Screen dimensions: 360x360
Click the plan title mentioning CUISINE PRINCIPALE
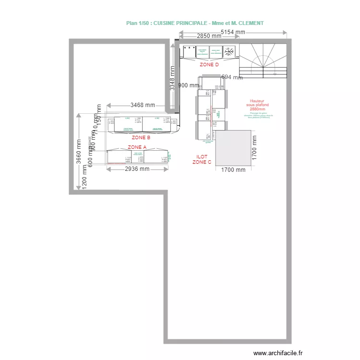pyautogui.click(x=194, y=23)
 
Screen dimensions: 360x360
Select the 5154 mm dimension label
pyautogui.click(x=233, y=32)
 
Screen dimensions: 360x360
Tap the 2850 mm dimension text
pyautogui.click(x=200, y=36)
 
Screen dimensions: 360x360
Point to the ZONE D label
pyautogui.click(x=209, y=64)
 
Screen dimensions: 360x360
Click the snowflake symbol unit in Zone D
pyautogui.click(x=230, y=51)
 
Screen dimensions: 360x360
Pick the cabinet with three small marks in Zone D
pyautogui.click(x=189, y=51)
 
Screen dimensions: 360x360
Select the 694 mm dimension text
pyautogui.click(x=232, y=77)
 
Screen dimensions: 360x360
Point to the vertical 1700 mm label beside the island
pyautogui.click(x=254, y=147)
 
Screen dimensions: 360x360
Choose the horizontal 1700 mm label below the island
pyautogui.click(x=233, y=169)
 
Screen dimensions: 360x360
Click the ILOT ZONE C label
pyautogui.click(x=202, y=159)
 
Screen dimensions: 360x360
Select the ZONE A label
pyautogui.click(x=137, y=147)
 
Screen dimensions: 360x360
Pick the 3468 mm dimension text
pyautogui.click(x=143, y=105)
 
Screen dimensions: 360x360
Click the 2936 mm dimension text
pyautogui.click(x=137, y=169)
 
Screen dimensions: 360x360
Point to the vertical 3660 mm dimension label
pyautogui.click(x=78, y=152)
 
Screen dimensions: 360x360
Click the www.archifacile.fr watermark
pyautogui.click(x=278, y=353)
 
